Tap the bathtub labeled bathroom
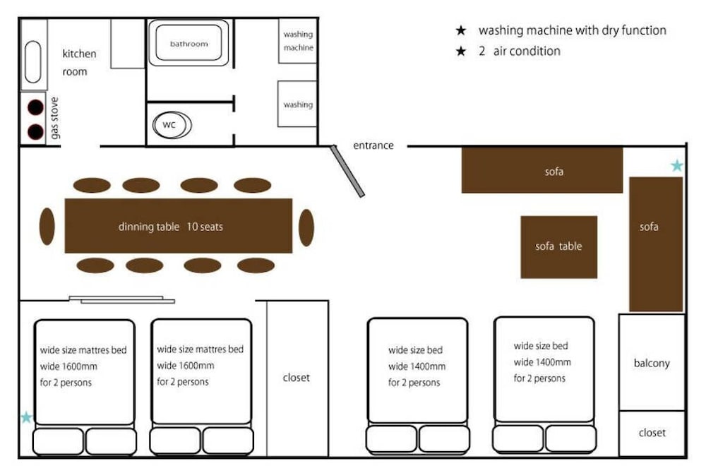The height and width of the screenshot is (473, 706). pyautogui.click(x=189, y=44)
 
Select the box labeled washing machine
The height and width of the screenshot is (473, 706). pyautogui.click(x=297, y=41)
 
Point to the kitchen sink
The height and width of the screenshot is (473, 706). pyautogui.click(x=33, y=61)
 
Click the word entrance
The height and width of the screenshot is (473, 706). pyautogui.click(x=373, y=145)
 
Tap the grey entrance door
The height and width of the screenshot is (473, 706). pyautogui.click(x=347, y=171)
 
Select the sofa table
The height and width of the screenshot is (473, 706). pyautogui.click(x=558, y=246)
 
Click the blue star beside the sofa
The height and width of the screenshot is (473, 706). pyautogui.click(x=677, y=166)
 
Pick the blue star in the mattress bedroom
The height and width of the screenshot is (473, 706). pyautogui.click(x=26, y=417)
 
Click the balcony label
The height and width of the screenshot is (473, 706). pyautogui.click(x=651, y=364)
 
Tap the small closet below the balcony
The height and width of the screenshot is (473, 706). pyautogui.click(x=652, y=433)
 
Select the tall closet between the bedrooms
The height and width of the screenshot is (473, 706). pyautogui.click(x=297, y=378)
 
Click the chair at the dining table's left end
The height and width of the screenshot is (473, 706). pyautogui.click(x=47, y=227)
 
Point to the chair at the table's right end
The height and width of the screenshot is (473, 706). pyautogui.click(x=306, y=227)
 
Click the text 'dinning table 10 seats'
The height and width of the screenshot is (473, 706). pyautogui.click(x=171, y=227)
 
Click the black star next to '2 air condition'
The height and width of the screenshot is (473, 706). pyautogui.click(x=461, y=52)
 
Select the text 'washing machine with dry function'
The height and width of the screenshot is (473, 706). pyautogui.click(x=572, y=30)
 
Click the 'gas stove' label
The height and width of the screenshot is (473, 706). pyautogui.click(x=55, y=118)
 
